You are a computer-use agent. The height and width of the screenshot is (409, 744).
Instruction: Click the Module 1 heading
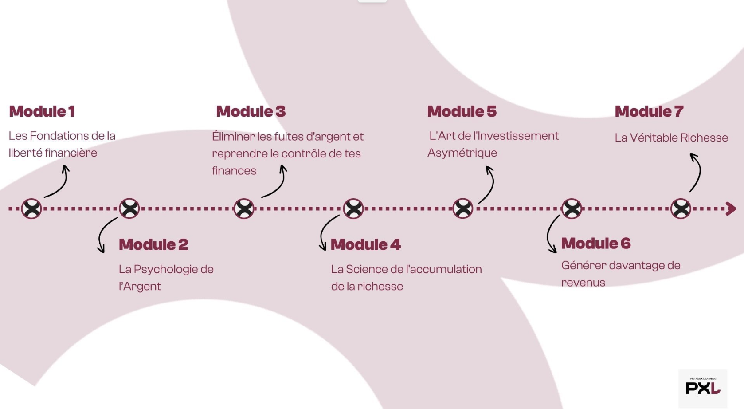[42, 111]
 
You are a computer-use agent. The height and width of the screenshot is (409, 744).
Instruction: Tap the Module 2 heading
[153, 244]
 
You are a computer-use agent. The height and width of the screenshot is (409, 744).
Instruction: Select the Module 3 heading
[251, 111]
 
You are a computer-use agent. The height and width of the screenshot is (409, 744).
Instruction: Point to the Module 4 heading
[366, 244]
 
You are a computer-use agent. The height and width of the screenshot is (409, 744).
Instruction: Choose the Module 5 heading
[462, 111]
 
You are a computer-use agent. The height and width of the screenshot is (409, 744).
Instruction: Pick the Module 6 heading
[596, 243]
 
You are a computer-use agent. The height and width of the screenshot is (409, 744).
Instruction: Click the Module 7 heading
[649, 111]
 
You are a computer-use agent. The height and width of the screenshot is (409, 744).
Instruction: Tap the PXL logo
[703, 386]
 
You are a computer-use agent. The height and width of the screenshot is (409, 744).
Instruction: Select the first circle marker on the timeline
[31, 208]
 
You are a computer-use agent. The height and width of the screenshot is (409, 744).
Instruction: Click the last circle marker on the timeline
[681, 208]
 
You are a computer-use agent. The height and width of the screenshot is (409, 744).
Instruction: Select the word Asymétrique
[462, 153]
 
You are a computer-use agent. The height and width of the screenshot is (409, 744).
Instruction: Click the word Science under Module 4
[367, 269]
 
